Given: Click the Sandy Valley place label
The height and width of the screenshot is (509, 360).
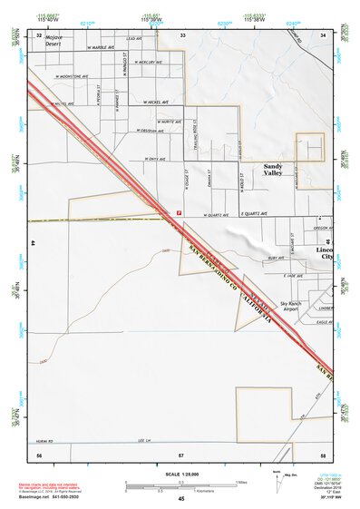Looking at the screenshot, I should pyautogui.click(x=273, y=170).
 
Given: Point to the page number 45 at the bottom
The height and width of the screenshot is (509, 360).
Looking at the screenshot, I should pyautogui.click(x=181, y=500).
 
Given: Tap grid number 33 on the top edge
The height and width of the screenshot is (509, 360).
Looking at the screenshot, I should pyautogui.click(x=183, y=34).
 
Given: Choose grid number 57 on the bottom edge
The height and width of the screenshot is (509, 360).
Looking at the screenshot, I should pyautogui.click(x=181, y=453).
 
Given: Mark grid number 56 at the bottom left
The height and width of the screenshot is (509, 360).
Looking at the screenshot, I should pyautogui.click(x=38, y=453).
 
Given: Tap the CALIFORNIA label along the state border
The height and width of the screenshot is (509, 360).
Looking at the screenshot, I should pyautogui.click(x=256, y=308).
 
